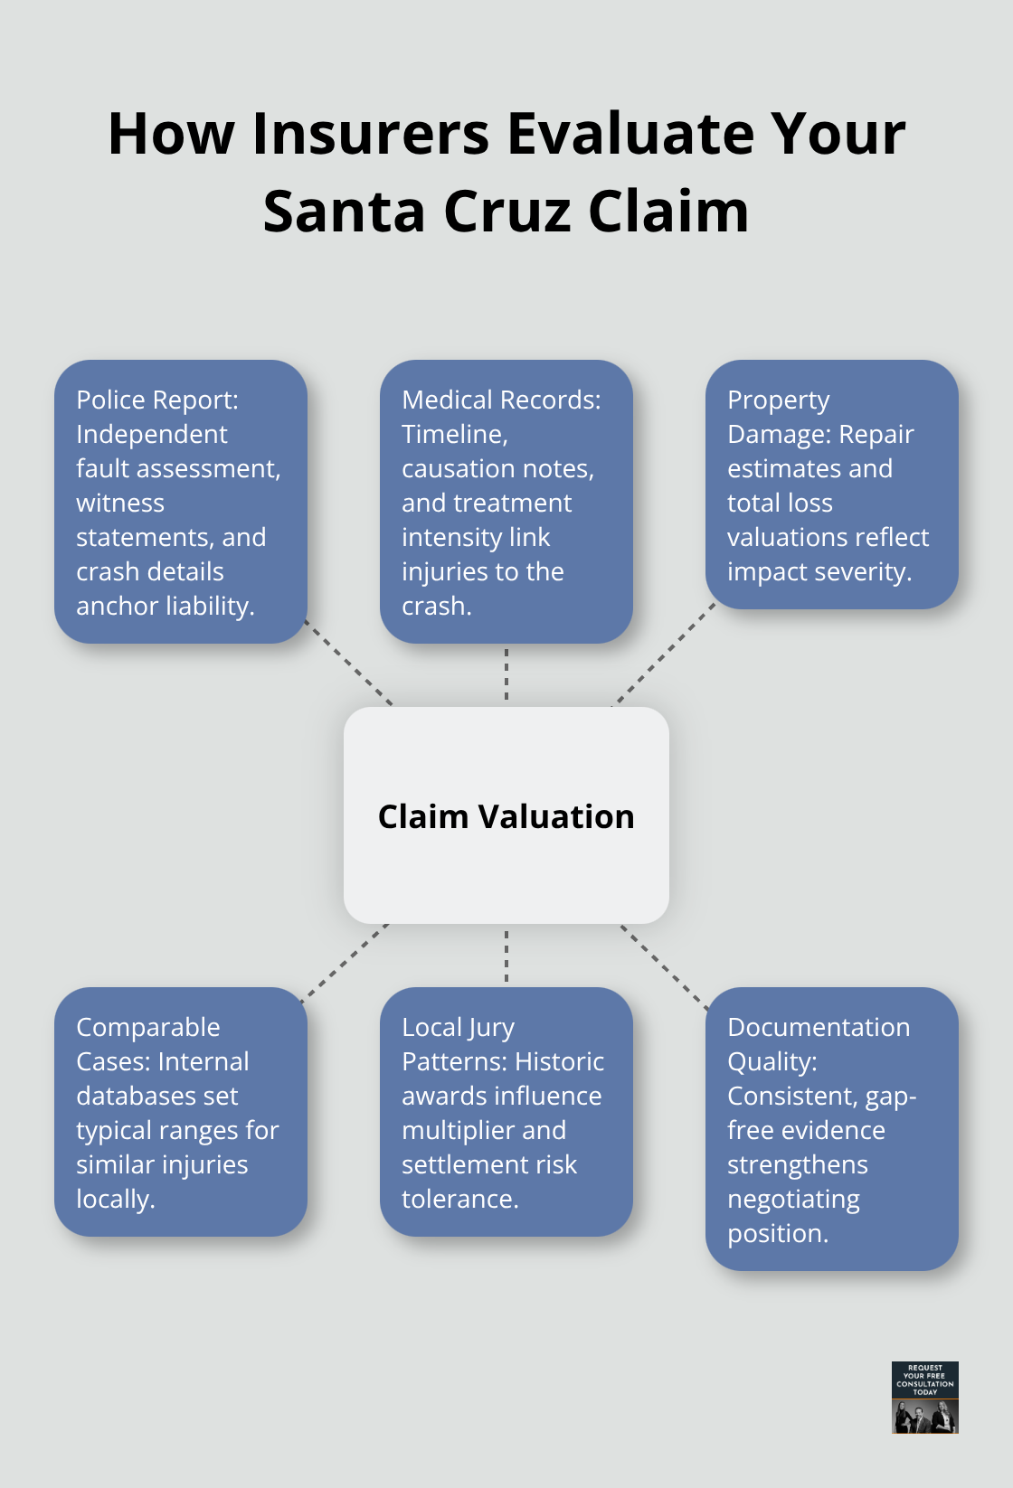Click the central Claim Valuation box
pyautogui.click(x=506, y=815)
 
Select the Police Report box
pyautogui.click(x=181, y=502)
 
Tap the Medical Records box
pyautogui.click(x=506, y=502)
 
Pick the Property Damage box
pyautogui.click(x=831, y=485)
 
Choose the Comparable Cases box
pyautogui.click(x=181, y=1112)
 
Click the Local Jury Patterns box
pyautogui.click(x=506, y=1112)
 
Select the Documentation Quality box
pyautogui.click(x=831, y=1129)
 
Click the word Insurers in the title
pyautogui.click(x=372, y=134)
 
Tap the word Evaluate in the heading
pyautogui.click(x=630, y=134)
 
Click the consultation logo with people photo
pyautogui.click(x=924, y=1398)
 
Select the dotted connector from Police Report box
pyautogui.click(x=349, y=664)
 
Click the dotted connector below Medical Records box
pyautogui.click(x=506, y=675)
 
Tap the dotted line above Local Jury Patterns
pyautogui.click(x=506, y=956)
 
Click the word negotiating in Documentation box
pyautogui.click(x=793, y=1199)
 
